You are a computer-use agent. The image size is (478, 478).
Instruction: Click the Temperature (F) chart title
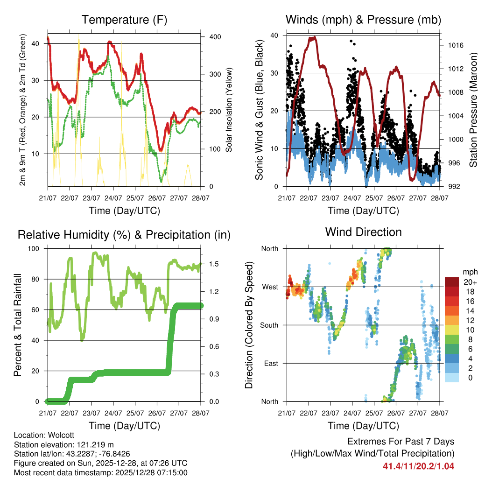pyautogui.click(x=124, y=20)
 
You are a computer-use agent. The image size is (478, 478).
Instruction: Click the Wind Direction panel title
pyautogui.click(x=363, y=232)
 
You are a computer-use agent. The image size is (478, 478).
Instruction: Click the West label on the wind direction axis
pyautogui.click(x=270, y=287)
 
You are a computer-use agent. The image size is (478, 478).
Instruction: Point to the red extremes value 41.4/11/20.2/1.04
pyautogui.click(x=419, y=466)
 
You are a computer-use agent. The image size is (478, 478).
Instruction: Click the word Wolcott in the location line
pyautogui.click(x=59, y=435)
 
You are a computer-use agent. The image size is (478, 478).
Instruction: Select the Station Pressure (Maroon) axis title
pyautogui.click(x=473, y=110)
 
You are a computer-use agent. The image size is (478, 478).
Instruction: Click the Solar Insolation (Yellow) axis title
pyautogui.click(x=229, y=110)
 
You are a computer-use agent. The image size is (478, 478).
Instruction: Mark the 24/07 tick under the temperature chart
pyautogui.click(x=112, y=198)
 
